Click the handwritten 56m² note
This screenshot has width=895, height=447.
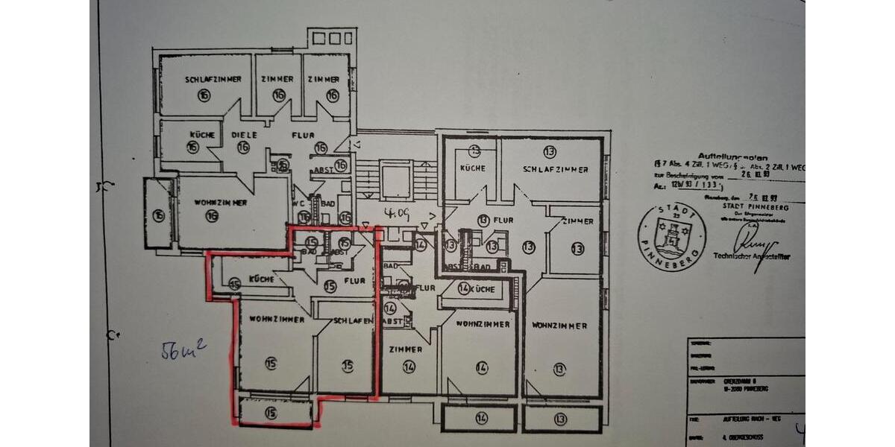(x=183, y=349)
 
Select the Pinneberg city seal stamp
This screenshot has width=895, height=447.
(x=671, y=238)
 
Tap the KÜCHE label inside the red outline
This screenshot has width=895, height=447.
(x=262, y=280)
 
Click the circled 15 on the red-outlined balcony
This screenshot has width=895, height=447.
(x=270, y=412)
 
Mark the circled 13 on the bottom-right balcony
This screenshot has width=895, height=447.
(x=559, y=419)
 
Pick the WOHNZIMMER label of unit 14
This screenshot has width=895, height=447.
(x=483, y=324)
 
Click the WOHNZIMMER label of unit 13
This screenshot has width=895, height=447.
(x=559, y=326)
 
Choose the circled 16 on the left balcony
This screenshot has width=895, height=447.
(x=158, y=216)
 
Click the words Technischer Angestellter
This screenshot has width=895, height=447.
(x=752, y=256)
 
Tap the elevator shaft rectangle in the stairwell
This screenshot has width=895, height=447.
(x=395, y=180)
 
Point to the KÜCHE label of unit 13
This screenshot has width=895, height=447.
(x=472, y=168)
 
